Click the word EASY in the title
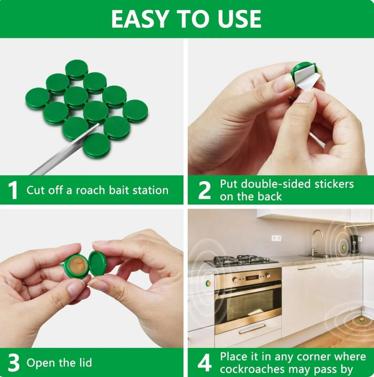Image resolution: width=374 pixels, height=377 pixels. [139, 19]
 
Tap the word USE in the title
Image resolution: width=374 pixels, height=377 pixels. [239, 19]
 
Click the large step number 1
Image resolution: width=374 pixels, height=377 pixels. [13, 190]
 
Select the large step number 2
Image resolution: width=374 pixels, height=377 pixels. [204, 190]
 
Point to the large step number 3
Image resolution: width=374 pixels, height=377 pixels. [14, 362]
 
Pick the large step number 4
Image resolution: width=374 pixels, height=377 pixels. [204, 362]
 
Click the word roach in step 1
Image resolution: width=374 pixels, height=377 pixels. [90, 190]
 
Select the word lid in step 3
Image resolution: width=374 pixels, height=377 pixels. [85, 362]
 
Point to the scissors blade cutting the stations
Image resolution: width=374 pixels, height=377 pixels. [64, 149]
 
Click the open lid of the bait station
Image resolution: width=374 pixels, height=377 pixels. [97, 263]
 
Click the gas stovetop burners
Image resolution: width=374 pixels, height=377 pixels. [241, 260]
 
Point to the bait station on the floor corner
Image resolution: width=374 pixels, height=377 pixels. [361, 320]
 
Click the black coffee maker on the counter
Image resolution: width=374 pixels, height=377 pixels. [354, 243]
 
